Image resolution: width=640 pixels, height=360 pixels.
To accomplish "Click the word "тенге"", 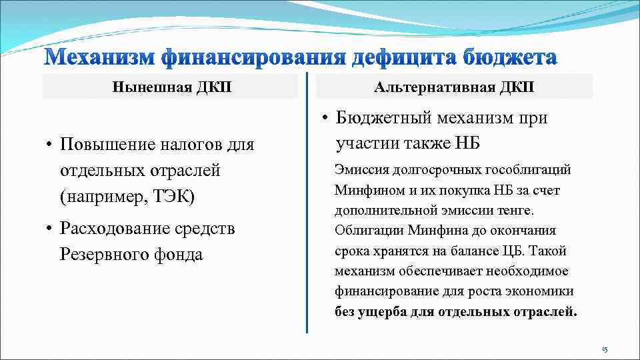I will click(516, 211).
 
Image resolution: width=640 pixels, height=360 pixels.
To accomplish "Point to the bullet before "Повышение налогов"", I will click(49, 145).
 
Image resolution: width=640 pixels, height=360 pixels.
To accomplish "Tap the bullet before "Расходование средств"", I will click(49, 229).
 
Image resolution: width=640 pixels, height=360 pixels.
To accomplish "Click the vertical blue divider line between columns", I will click(307, 200).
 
